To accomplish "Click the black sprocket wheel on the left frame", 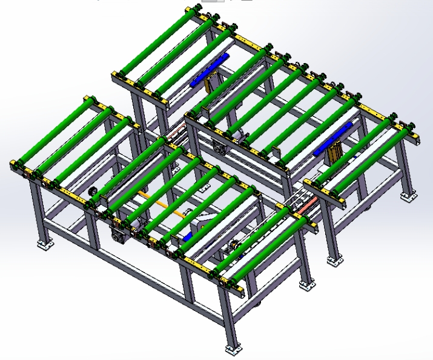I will point(93,193).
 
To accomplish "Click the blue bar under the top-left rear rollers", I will point(209,71).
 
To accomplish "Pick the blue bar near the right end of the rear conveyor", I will point(334,139).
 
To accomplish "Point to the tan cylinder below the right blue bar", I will point(334,159).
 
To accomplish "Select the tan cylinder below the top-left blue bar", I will point(210,86).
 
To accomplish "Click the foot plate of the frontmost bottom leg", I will point(232,350).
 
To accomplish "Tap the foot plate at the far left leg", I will point(44,245).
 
